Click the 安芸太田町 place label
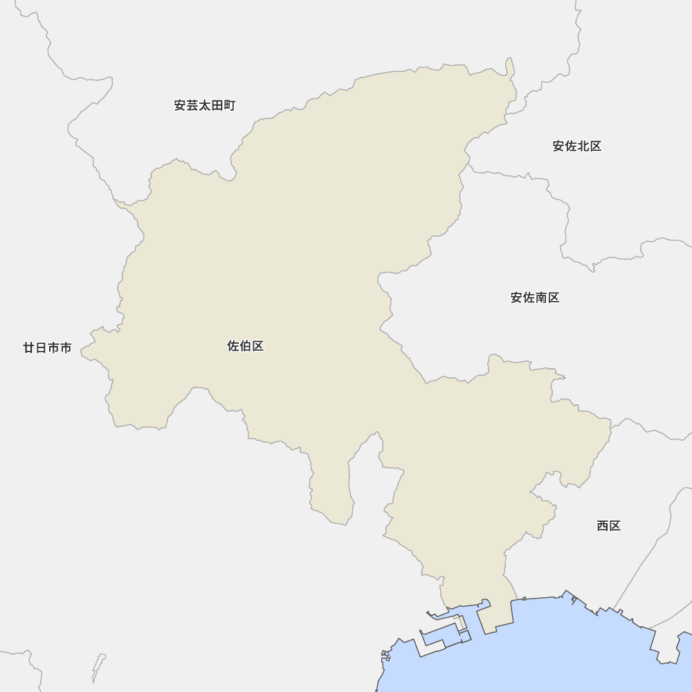point(205,105)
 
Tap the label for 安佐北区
point(576,146)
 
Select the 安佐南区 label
point(535,298)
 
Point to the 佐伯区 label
point(246,346)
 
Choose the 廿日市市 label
point(47,348)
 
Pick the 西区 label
point(609,526)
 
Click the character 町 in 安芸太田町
point(230,105)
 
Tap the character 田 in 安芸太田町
point(217,105)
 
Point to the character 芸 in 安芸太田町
point(192,105)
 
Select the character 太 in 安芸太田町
point(205,105)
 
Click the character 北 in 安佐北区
point(583,146)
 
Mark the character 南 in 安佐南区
point(541,298)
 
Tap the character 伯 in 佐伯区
point(246,346)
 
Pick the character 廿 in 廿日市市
point(29,348)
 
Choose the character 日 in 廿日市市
point(41,348)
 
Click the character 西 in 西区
point(603,526)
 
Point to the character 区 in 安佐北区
point(596,146)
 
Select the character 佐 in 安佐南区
point(529,298)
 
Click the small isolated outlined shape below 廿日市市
point(98,667)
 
